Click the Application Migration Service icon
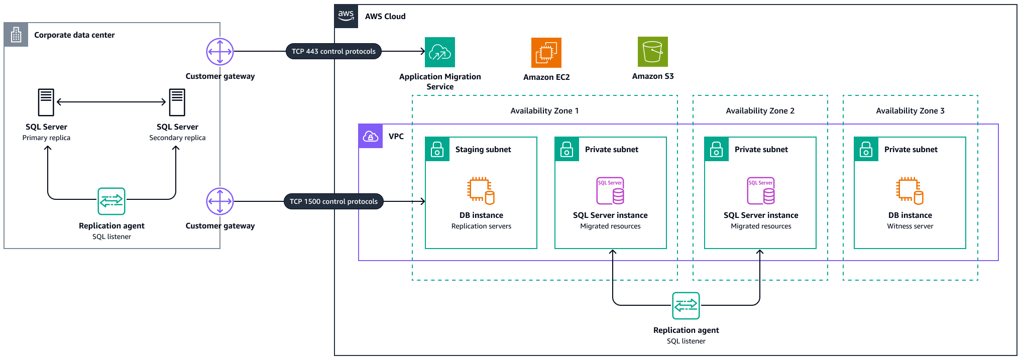point(439,52)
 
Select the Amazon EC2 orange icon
point(546,52)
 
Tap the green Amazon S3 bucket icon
point(652,52)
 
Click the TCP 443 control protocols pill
point(333,51)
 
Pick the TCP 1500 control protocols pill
point(333,201)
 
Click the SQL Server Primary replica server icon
point(46,102)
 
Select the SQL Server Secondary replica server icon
point(177,102)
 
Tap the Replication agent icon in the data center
point(111,201)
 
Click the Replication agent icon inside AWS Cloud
point(686,305)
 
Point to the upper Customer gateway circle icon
point(220,51)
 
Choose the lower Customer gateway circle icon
point(220,201)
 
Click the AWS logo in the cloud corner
point(346,16)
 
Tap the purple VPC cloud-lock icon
point(371,136)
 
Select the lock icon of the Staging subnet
point(437,149)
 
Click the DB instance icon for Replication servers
point(481,191)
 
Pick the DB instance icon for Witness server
point(910,191)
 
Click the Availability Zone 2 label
point(760,111)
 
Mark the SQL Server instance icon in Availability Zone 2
point(760,191)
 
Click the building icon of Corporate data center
point(16,35)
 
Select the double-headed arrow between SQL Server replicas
point(111,102)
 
